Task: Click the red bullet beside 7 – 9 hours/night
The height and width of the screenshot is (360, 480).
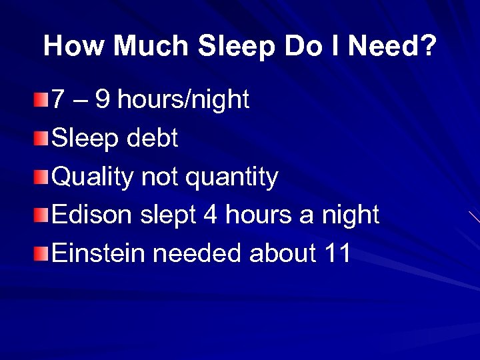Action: (42, 101)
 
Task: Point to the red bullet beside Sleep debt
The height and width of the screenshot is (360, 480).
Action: (42, 139)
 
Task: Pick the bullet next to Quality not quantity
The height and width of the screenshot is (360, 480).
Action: (42, 178)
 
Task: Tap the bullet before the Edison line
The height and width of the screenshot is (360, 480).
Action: (42, 216)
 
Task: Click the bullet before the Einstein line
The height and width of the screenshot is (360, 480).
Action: (42, 254)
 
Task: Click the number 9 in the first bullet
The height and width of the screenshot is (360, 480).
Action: (103, 101)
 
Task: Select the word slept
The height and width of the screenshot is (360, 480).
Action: (169, 216)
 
